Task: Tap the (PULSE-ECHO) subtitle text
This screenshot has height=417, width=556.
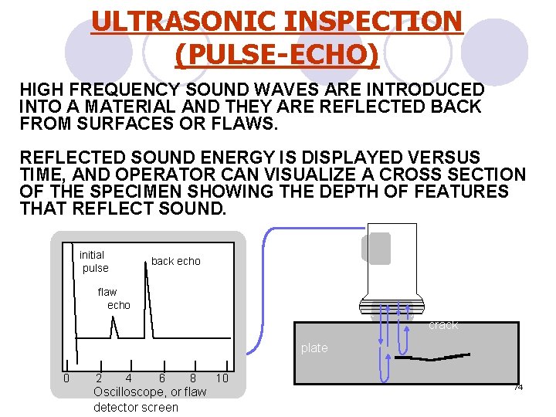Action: pos(277,54)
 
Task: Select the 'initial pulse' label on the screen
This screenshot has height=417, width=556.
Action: pos(93,261)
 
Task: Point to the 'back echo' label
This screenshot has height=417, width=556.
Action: pos(175,261)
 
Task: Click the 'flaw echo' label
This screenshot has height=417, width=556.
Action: pos(113,298)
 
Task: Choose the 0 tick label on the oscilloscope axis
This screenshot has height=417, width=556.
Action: pos(66,378)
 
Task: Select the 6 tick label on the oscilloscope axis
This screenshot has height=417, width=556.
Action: pos(161,378)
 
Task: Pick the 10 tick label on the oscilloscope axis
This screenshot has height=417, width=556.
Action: pos(222,378)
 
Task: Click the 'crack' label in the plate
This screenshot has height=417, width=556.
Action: pos(443,325)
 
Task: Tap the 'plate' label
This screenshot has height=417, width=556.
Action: pos(314,348)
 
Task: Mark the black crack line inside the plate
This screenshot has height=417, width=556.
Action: pos(432,358)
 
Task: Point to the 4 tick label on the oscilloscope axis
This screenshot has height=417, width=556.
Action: pos(128,378)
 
